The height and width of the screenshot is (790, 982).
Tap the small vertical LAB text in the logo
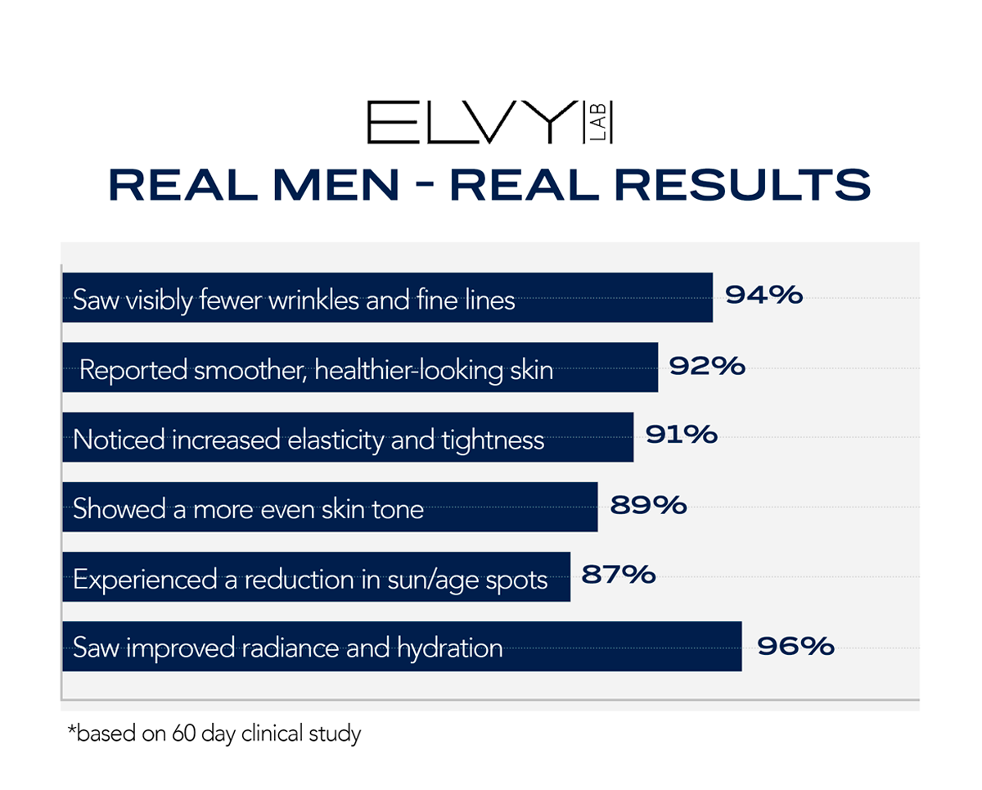point(603,123)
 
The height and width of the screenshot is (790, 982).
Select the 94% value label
point(763,296)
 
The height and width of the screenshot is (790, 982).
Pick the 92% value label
point(707,366)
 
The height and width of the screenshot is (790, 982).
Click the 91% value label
point(682,436)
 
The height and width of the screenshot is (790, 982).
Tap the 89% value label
point(647,505)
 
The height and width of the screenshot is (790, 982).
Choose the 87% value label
point(618,575)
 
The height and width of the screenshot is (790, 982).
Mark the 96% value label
point(795,646)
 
